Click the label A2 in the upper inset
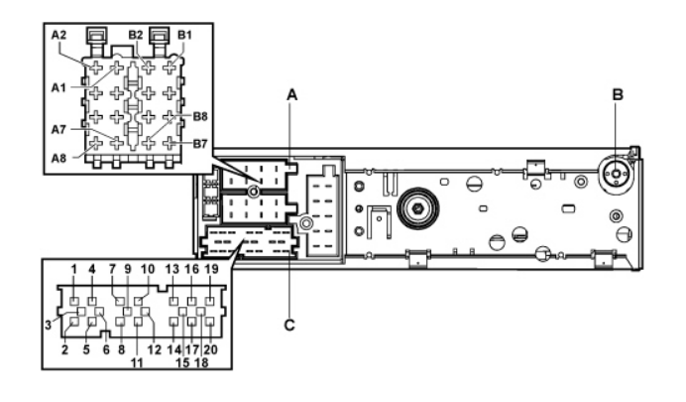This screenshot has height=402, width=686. coord(58,35)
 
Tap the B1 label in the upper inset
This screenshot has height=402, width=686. coord(184,35)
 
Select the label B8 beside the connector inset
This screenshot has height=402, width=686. coord(200,116)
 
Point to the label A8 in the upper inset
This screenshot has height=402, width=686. coord(58,158)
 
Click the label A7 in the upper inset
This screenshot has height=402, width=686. coord(58,130)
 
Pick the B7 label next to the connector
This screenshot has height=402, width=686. coord(200,144)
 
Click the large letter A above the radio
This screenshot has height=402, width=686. coord(291,94)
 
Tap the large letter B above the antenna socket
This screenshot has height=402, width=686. coord(618,94)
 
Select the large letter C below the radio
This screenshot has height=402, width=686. coord(289,326)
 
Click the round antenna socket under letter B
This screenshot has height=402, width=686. coord(616,174)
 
